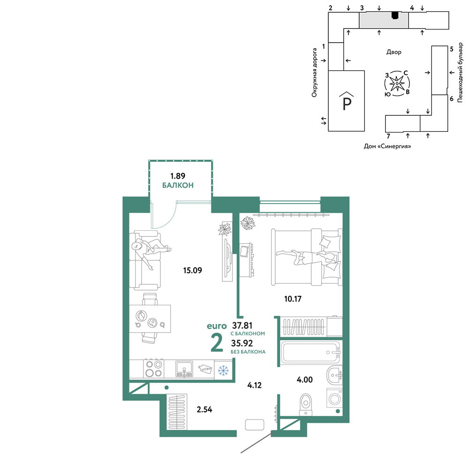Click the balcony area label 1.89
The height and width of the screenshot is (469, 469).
[x=178, y=176]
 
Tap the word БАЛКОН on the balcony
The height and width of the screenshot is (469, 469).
[x=178, y=185]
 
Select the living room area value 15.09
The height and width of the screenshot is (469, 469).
[x=192, y=271]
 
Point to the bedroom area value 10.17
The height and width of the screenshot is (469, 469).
[x=293, y=299]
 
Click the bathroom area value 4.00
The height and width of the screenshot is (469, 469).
[x=304, y=379]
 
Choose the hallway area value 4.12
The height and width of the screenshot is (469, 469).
[x=254, y=385]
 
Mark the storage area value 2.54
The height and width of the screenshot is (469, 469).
[x=204, y=409]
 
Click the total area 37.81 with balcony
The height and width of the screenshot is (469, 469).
[x=242, y=325]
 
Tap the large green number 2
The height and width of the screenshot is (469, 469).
[x=217, y=343]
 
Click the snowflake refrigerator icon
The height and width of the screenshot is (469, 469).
[x=223, y=371]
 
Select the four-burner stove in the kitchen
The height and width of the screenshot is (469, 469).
[x=154, y=369]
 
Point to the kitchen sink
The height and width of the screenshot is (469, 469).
[x=184, y=369]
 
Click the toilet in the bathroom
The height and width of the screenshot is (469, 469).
[x=306, y=404]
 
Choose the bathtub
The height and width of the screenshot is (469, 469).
[x=311, y=352]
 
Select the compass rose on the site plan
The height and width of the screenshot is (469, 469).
[x=397, y=83]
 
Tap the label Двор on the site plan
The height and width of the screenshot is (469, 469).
[x=393, y=52]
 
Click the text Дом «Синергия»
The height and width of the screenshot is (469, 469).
[x=387, y=146]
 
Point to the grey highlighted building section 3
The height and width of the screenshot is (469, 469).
[x=384, y=20]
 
